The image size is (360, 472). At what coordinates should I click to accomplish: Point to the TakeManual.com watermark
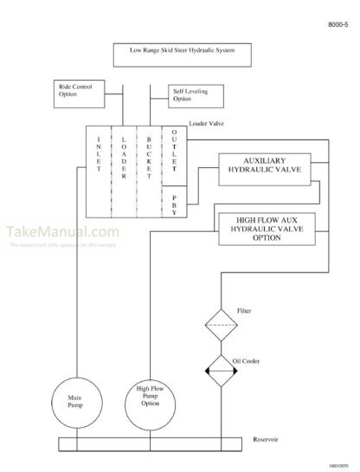coord(62,232)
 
